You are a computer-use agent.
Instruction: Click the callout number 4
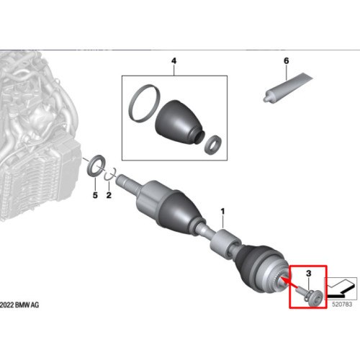[174, 60]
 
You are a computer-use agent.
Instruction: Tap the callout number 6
[287, 60]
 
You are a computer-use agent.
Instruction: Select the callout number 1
[223, 212]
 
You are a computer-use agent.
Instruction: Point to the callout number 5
[95, 195]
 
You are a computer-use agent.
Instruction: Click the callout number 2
[109, 195]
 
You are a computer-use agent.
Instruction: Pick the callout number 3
[309, 273]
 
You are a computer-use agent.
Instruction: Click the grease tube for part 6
[288, 87]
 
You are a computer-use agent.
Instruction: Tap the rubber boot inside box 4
[180, 122]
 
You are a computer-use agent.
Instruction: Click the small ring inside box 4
[213, 145]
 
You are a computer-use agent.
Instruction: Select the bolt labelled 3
[311, 295]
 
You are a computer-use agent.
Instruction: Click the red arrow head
[284, 280]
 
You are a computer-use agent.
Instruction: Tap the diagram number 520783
[342, 305]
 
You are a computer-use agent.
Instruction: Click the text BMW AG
[27, 305]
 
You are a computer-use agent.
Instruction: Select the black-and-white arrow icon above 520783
[341, 288]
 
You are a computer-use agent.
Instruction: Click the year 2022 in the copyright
[6, 305]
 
